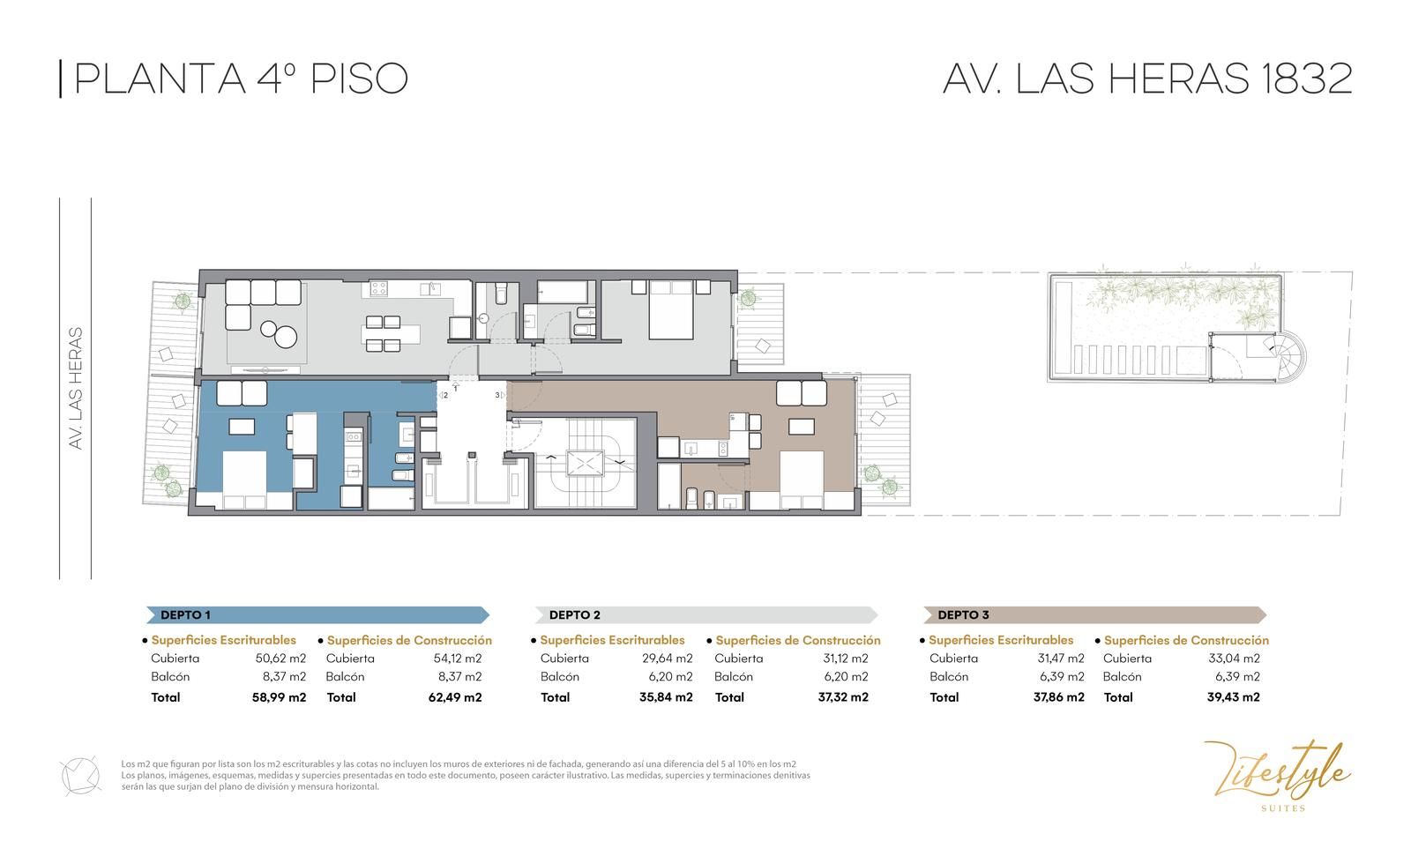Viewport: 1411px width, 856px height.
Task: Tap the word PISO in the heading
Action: [359, 78]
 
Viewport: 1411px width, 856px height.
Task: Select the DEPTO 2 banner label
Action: [574, 614]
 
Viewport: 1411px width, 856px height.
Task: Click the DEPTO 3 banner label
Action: [963, 614]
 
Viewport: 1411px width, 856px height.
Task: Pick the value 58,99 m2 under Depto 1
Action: [279, 697]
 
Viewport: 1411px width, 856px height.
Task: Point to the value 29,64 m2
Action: [667, 659]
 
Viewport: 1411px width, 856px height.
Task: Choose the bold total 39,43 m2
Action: [1234, 697]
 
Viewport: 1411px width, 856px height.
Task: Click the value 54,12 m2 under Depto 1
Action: [458, 659]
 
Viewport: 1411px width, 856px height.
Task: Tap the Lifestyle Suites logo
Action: [1278, 776]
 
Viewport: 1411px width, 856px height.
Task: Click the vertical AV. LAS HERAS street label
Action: [76, 388]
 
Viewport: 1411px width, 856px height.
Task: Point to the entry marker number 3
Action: [497, 395]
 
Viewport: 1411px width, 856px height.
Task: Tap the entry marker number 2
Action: [445, 396]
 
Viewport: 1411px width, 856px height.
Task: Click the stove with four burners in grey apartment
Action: [378, 288]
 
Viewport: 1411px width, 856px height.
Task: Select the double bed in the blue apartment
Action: [244, 480]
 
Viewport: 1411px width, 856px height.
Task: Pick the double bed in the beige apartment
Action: [802, 480]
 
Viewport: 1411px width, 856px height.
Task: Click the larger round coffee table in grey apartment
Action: [286, 337]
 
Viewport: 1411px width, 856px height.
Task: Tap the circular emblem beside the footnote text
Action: [80, 776]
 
